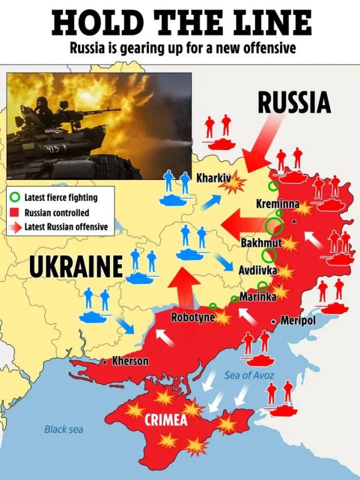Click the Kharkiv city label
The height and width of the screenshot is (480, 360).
214,178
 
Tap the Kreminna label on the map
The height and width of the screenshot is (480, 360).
277,204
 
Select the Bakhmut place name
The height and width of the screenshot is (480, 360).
261,243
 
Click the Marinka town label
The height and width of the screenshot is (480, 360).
258,296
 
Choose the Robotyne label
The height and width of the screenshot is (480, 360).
193,317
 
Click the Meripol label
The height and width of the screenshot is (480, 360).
298,321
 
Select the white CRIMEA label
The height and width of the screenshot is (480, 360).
166,420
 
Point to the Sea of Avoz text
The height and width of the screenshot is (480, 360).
250,375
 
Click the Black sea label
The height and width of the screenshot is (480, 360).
64,429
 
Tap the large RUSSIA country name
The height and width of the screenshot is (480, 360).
294,103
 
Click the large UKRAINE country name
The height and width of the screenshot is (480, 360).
75,267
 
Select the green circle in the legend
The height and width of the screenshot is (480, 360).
16,197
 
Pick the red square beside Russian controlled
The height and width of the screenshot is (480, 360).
16,212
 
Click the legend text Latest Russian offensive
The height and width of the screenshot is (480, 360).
66,227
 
